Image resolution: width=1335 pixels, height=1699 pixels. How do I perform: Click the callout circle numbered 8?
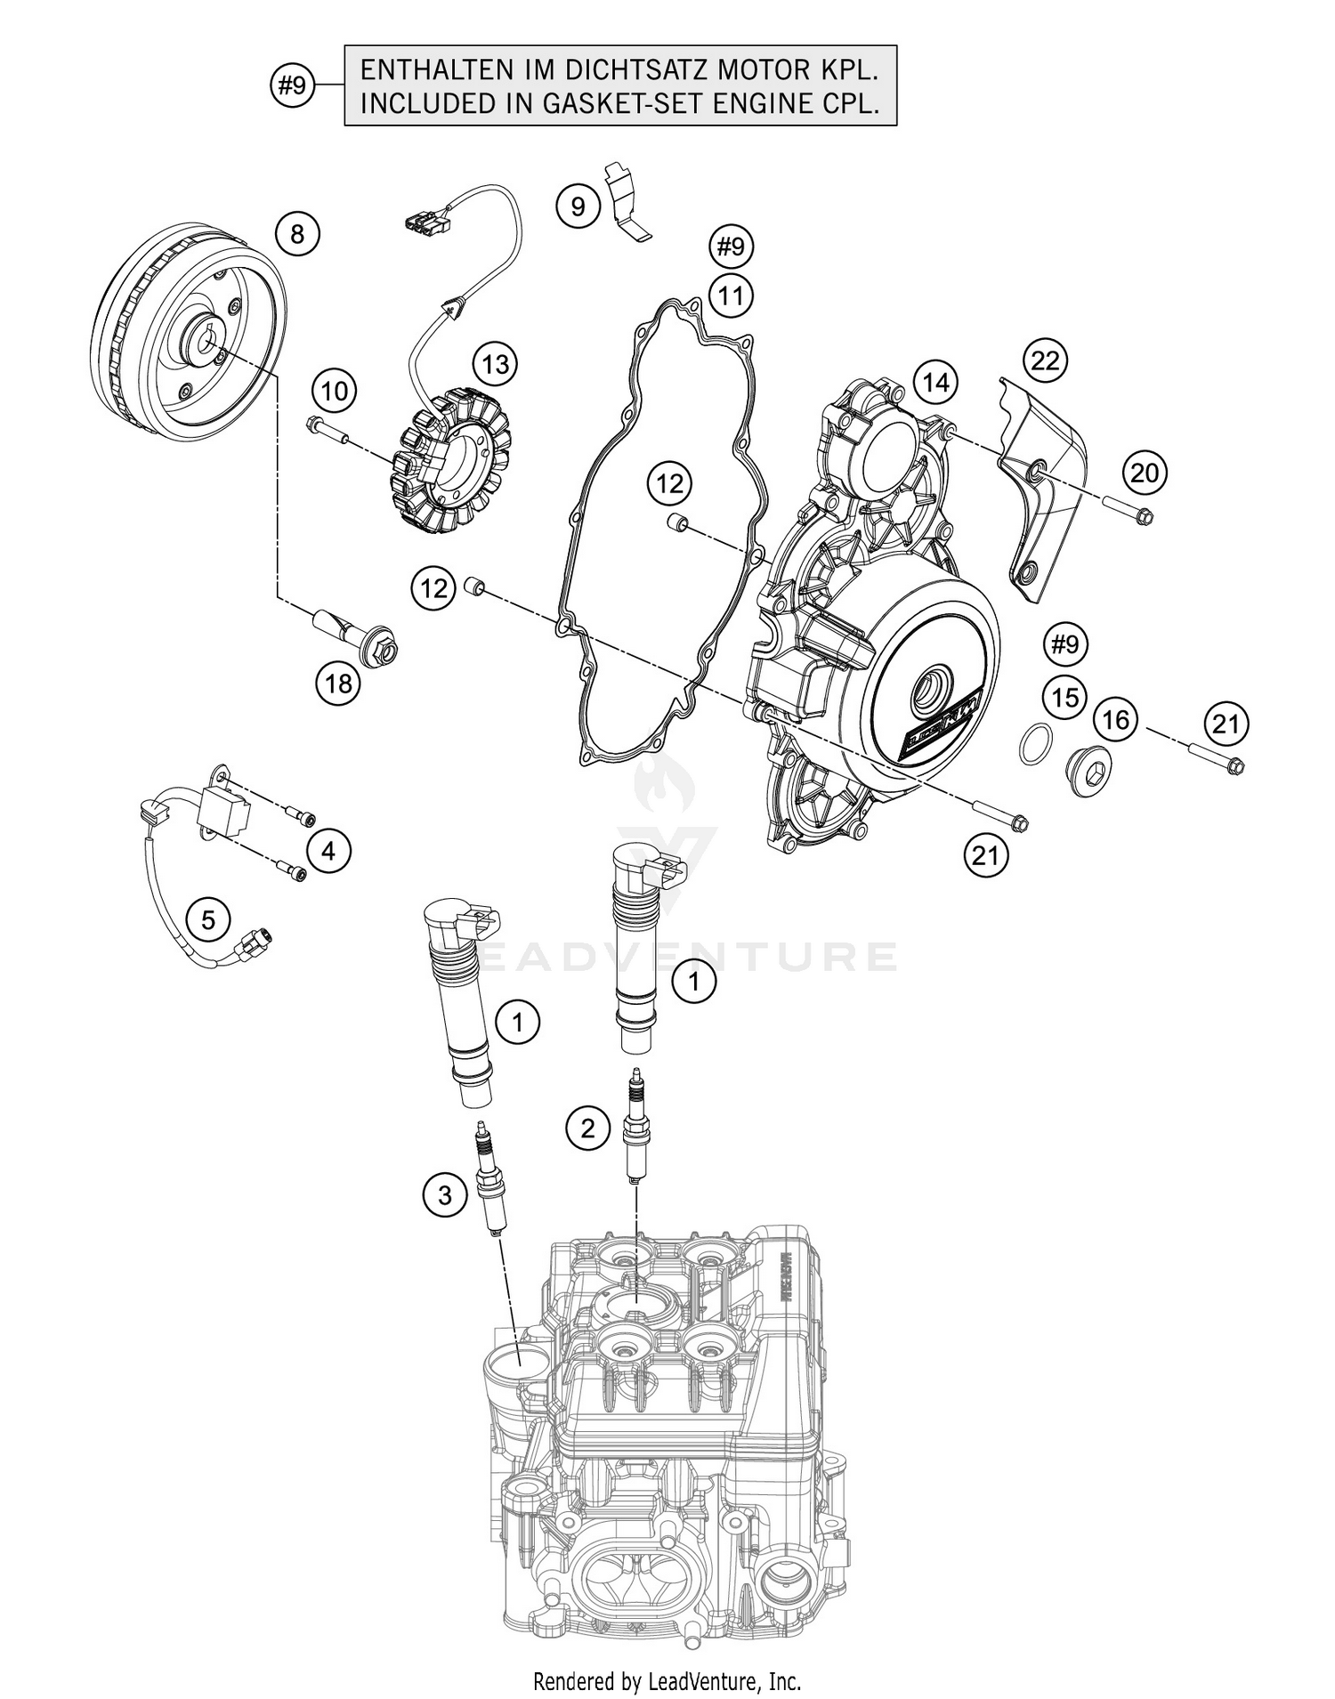pos(297,234)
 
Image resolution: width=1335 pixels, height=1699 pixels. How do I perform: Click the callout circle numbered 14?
pos(935,383)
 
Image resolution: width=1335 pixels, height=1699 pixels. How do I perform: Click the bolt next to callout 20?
pos(1129,509)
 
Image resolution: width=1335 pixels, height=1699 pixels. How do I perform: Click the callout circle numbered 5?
pos(208,918)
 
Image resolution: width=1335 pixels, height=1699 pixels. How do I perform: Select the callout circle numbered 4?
pos(328,852)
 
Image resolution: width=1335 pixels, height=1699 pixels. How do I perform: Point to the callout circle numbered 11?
pos(731,295)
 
